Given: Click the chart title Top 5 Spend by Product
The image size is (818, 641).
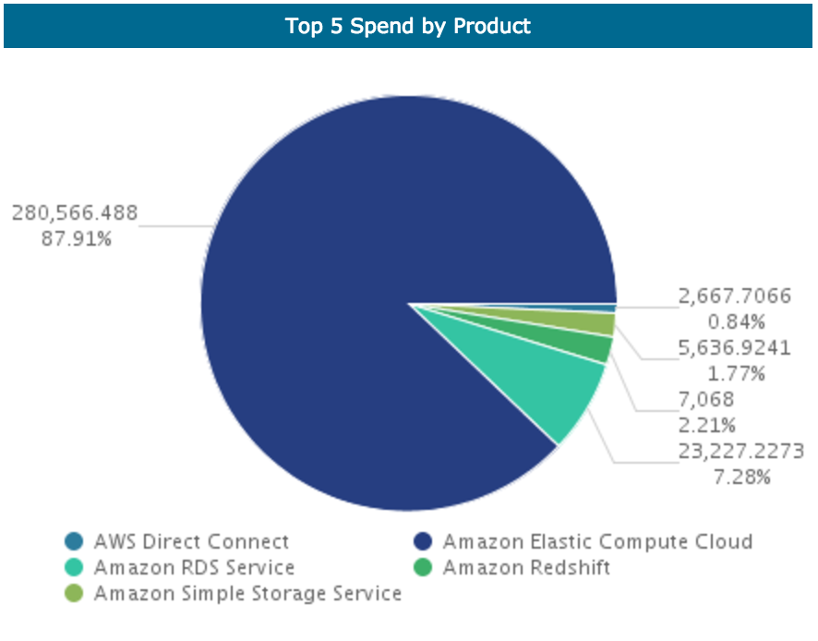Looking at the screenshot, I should point(408,26).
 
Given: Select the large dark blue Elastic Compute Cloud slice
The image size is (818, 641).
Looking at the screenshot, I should point(369,277).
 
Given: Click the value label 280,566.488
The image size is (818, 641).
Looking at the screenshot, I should point(75,213).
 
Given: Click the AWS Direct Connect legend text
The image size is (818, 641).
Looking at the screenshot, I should point(191,541).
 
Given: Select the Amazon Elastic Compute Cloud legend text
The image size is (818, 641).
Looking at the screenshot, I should point(597,541).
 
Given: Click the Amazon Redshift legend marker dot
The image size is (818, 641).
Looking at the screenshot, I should point(424,567).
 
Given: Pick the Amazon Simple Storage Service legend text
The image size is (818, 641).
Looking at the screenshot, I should point(247,593).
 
